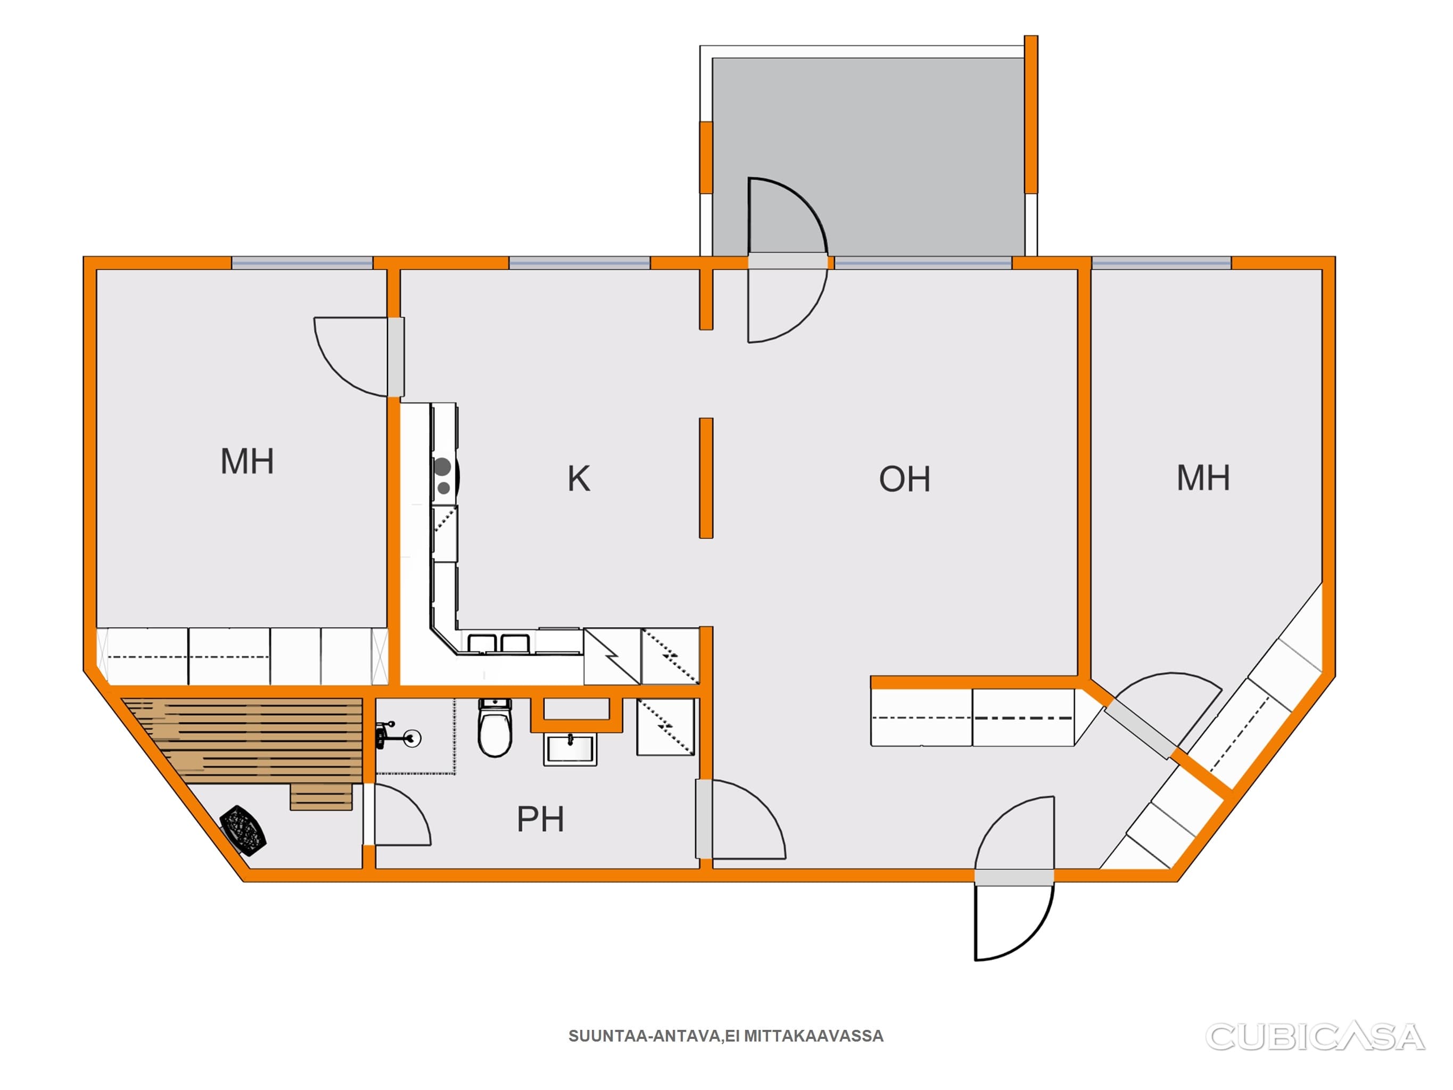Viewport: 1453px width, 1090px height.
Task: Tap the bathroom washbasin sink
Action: pyautogui.click(x=570, y=750)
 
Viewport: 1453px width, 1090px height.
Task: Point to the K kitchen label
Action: pyautogui.click(x=579, y=478)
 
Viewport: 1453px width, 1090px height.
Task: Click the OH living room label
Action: pyautogui.click(x=904, y=479)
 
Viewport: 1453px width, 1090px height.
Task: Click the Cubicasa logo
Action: pyautogui.click(x=1315, y=1036)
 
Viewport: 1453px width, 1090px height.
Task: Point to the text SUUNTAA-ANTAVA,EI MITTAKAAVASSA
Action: pyautogui.click(x=726, y=1036)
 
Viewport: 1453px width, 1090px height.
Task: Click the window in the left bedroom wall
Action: pyautogui.click(x=302, y=263)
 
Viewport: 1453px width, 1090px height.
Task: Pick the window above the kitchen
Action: pyautogui.click(x=580, y=263)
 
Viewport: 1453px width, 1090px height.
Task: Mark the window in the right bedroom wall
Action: pyautogui.click(x=1161, y=263)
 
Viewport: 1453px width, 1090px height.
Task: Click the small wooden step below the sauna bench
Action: pyautogui.click(x=321, y=796)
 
